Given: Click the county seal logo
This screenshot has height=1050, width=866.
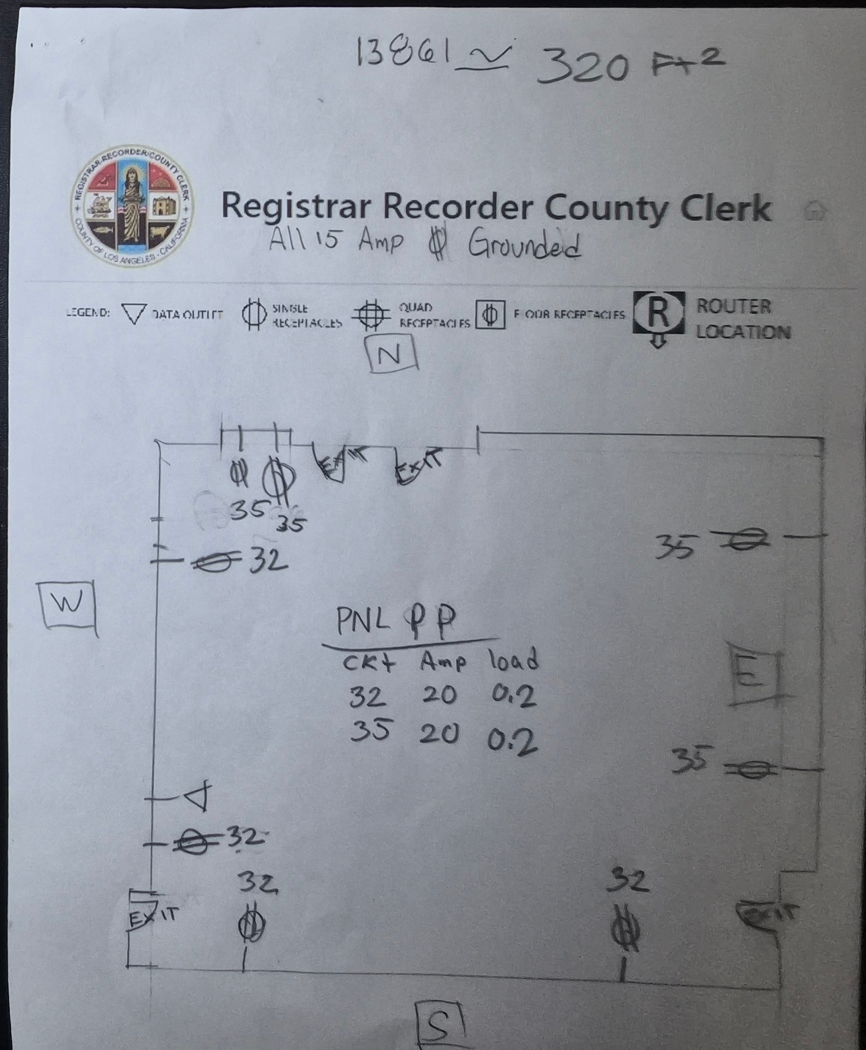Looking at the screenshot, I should point(132,206).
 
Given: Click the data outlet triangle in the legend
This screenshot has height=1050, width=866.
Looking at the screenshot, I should point(133,314).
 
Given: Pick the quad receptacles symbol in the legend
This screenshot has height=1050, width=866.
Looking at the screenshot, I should point(371,315).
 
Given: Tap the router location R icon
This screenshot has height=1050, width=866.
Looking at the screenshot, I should point(658,314).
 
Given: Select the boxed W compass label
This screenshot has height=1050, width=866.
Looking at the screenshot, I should point(67,604).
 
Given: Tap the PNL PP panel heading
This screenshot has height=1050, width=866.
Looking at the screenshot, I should point(396,620).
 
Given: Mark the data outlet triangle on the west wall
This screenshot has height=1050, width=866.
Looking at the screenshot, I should point(198,796).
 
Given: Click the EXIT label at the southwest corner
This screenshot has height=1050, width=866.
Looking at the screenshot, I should point(152,916).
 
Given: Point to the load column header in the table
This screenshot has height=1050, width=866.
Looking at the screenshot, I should point(514,660).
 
